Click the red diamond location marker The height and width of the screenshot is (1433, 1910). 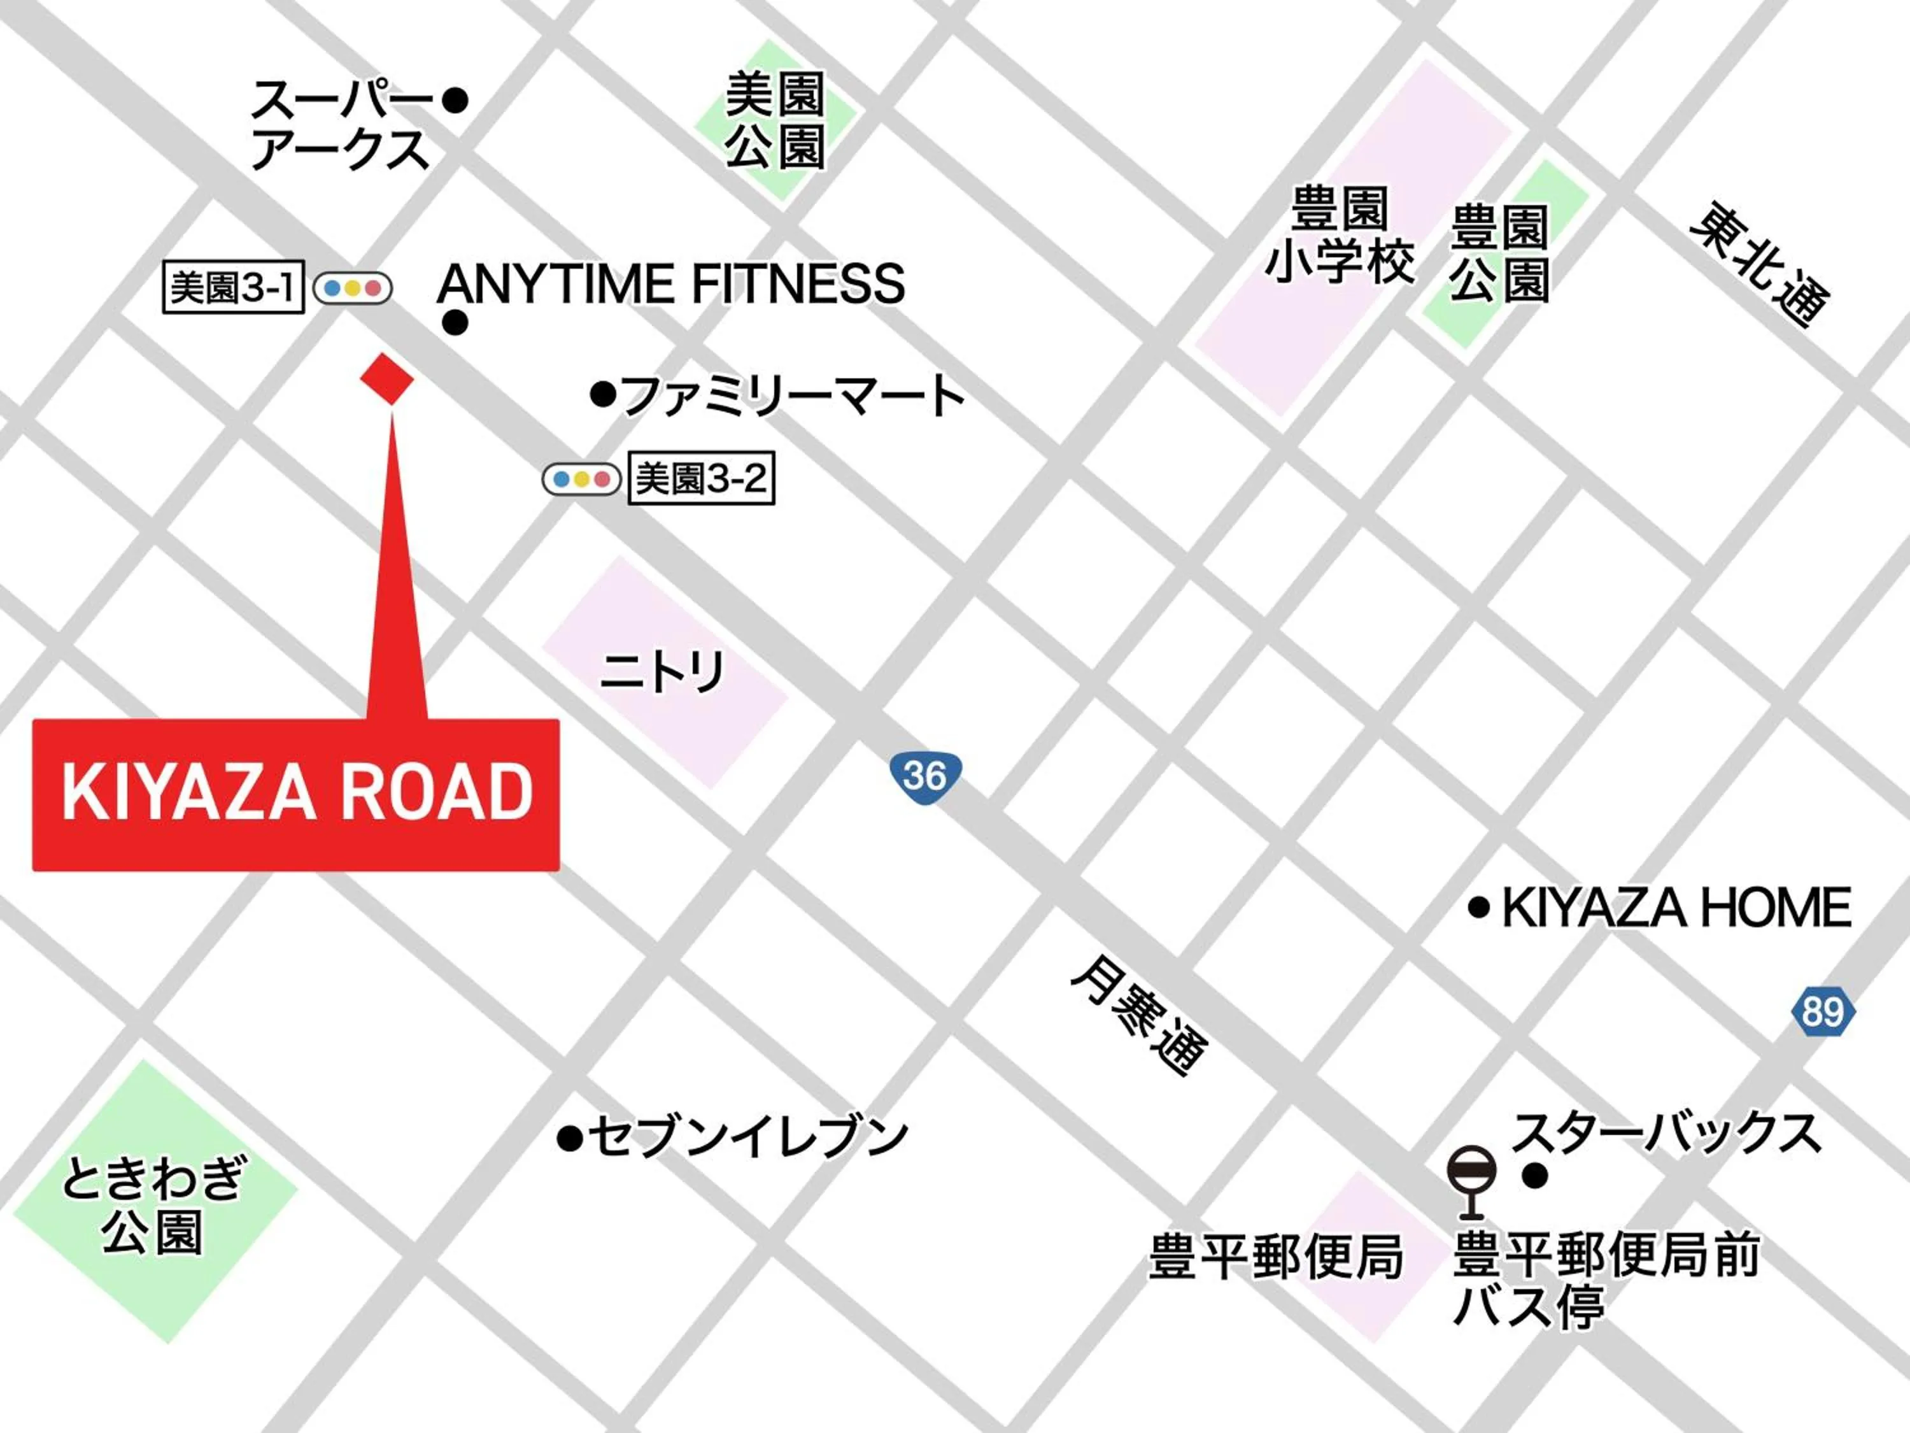click(386, 378)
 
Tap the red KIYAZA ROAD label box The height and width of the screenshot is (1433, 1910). click(296, 794)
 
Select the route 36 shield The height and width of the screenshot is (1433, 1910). click(925, 775)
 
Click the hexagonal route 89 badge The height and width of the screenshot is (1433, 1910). click(1823, 1011)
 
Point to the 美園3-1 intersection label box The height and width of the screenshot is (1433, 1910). click(233, 288)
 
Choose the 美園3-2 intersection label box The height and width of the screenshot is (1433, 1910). click(700, 478)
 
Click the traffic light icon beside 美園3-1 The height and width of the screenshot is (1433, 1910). click(352, 288)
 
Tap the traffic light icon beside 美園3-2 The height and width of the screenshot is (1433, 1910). click(581, 478)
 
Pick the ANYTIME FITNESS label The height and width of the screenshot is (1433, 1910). click(672, 283)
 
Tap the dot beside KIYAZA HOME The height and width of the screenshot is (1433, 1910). click(1479, 908)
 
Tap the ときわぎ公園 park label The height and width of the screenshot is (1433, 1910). click(153, 1205)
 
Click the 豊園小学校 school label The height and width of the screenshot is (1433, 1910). click(1340, 234)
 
